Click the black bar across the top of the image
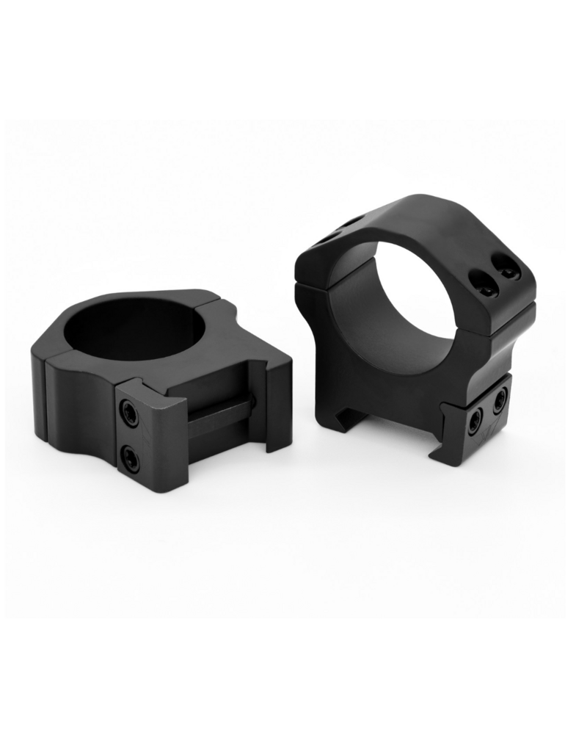tap(293, 59)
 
